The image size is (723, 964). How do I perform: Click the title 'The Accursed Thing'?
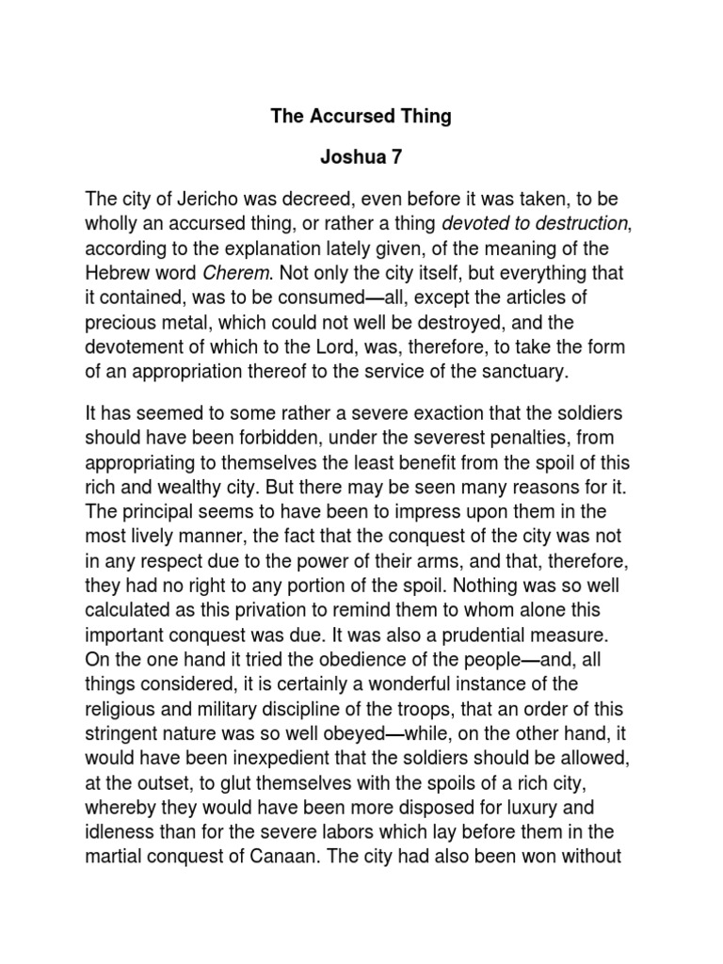point(361,117)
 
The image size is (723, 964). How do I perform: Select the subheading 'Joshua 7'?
point(361,158)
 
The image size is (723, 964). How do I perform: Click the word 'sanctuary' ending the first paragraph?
point(525,371)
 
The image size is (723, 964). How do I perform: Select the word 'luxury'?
point(534,804)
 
